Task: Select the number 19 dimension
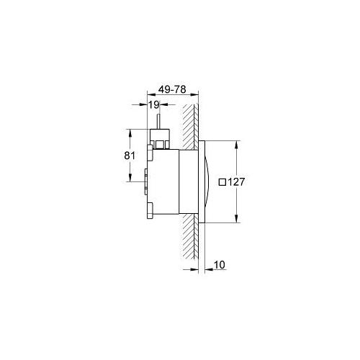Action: (x=154, y=105)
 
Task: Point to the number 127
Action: (x=238, y=182)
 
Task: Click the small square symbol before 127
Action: (x=222, y=182)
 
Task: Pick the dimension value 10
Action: (x=220, y=266)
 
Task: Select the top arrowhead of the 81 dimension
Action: (x=130, y=132)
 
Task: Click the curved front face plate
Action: (x=205, y=181)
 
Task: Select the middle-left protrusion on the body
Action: (x=148, y=181)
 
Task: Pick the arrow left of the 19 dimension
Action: (x=143, y=109)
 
